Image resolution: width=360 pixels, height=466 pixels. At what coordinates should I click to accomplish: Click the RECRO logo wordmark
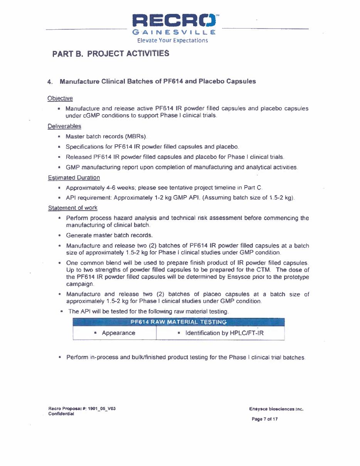pyautogui.click(x=176, y=21)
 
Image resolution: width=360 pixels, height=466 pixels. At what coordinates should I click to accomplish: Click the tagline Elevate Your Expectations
pyautogui.click(x=172, y=40)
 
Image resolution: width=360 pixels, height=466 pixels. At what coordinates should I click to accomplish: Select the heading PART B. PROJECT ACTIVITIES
pyautogui.click(x=111, y=54)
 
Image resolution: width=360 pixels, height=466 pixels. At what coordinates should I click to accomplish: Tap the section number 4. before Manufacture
pyautogui.click(x=50, y=82)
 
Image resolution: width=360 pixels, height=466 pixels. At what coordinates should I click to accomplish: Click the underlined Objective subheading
pyautogui.click(x=60, y=98)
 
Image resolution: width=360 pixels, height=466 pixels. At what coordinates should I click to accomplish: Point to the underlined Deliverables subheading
pyautogui.click(x=64, y=126)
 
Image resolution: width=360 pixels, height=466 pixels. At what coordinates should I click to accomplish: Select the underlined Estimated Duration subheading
pyautogui.click(x=74, y=178)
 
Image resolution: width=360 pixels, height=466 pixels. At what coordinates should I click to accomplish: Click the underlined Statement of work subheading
pyautogui.click(x=72, y=208)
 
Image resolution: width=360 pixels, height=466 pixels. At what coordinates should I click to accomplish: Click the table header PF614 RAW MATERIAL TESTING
pyautogui.click(x=178, y=322)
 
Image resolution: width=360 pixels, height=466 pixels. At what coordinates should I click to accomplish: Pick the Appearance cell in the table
pyautogui.click(x=118, y=333)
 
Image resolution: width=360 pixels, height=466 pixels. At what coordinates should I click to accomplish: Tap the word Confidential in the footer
pyautogui.click(x=61, y=414)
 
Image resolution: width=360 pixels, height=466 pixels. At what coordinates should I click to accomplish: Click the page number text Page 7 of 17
pyautogui.click(x=264, y=419)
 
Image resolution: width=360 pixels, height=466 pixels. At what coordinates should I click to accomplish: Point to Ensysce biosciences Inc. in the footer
pyautogui.click(x=276, y=409)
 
